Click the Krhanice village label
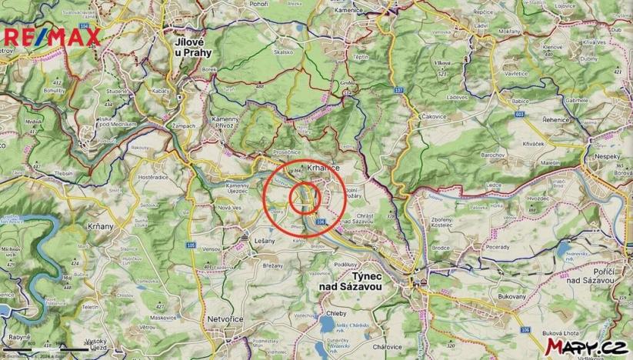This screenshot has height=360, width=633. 323,167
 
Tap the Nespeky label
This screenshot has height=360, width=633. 608,154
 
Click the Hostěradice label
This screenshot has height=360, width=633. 152,177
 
